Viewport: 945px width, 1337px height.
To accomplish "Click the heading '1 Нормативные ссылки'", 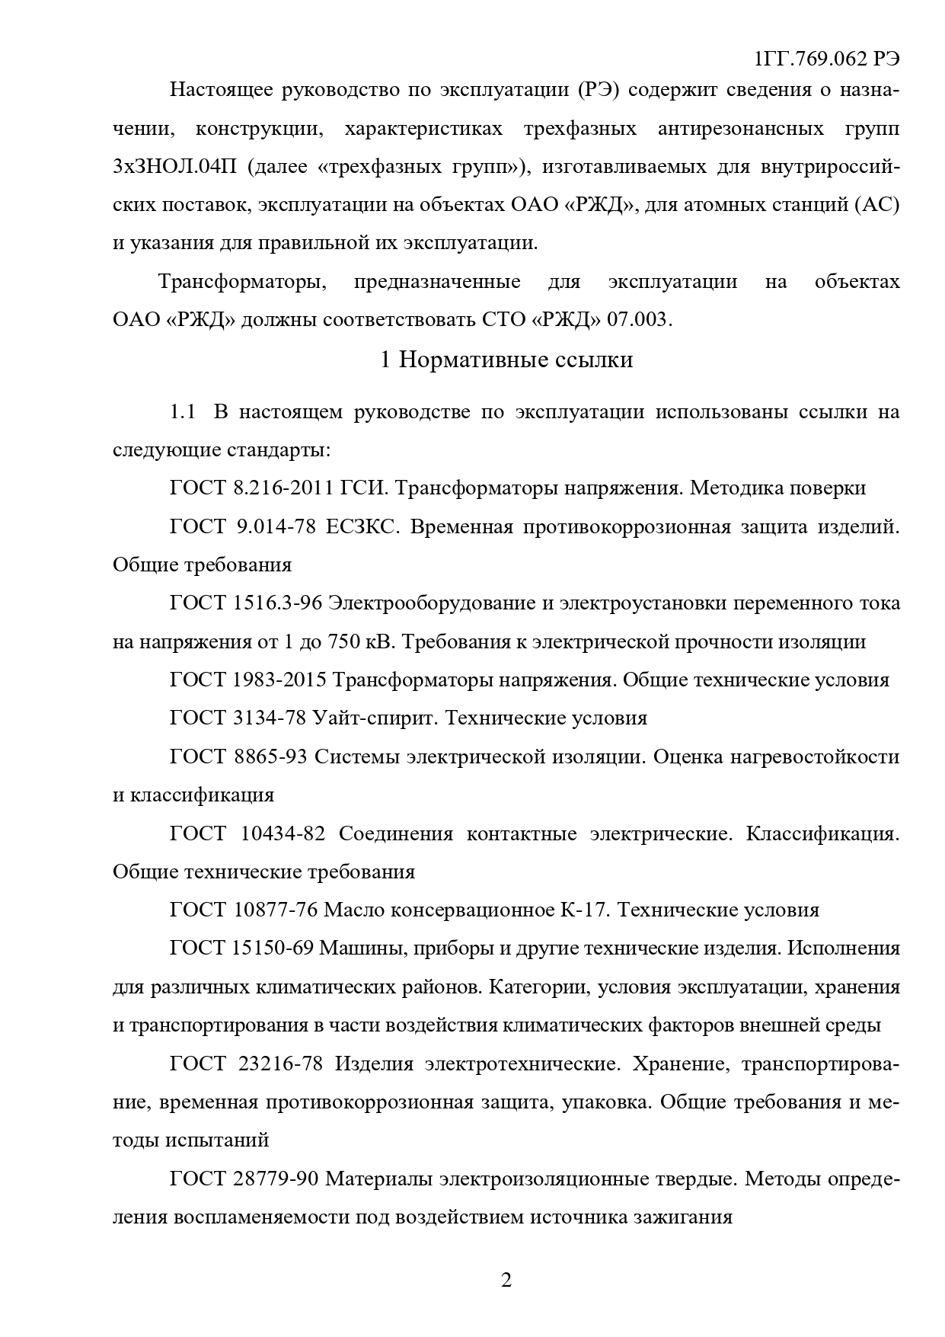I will [x=506, y=359].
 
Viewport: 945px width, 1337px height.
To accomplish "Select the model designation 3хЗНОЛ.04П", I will [x=173, y=167].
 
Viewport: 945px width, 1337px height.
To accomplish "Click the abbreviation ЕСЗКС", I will [x=361, y=526].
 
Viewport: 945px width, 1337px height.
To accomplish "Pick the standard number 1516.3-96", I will [x=276, y=603].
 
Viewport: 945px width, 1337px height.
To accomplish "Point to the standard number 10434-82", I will [x=283, y=833].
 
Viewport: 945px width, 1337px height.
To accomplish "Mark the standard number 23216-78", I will [x=282, y=1064].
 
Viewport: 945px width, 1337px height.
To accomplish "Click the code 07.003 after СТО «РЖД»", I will [x=639, y=319].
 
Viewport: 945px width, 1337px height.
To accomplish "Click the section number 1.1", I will [x=183, y=412].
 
